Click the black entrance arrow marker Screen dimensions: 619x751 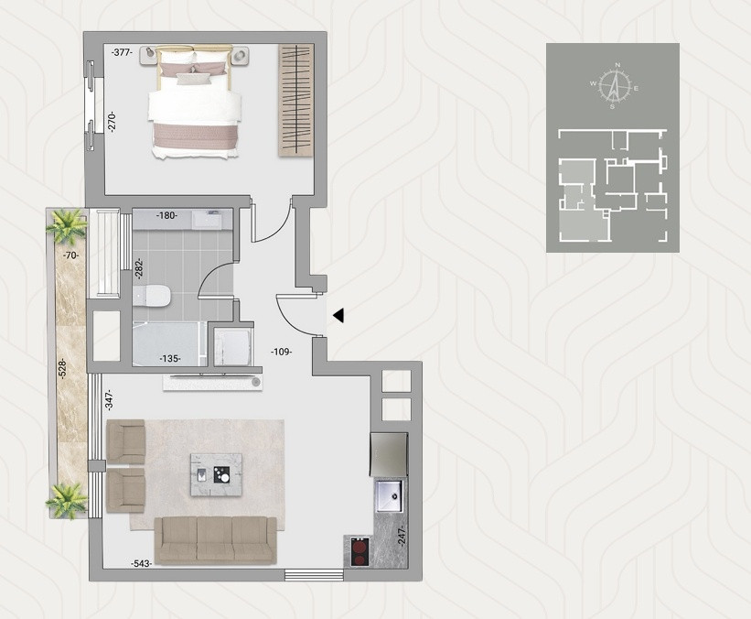pos(338,316)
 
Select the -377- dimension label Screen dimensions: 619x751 pos(122,53)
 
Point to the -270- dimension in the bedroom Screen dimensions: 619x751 pos(112,122)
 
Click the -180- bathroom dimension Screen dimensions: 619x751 pos(166,216)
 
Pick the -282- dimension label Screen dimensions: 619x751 pos(139,268)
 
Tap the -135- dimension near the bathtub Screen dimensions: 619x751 pos(170,359)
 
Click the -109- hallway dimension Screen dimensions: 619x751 pos(281,352)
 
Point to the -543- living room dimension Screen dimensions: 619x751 pos(141,563)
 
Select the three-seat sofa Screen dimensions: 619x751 pos(215,539)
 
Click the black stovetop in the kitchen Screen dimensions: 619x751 pos(358,552)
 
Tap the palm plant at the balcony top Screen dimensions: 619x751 pos(68,224)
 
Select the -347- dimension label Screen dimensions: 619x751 pos(109,399)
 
